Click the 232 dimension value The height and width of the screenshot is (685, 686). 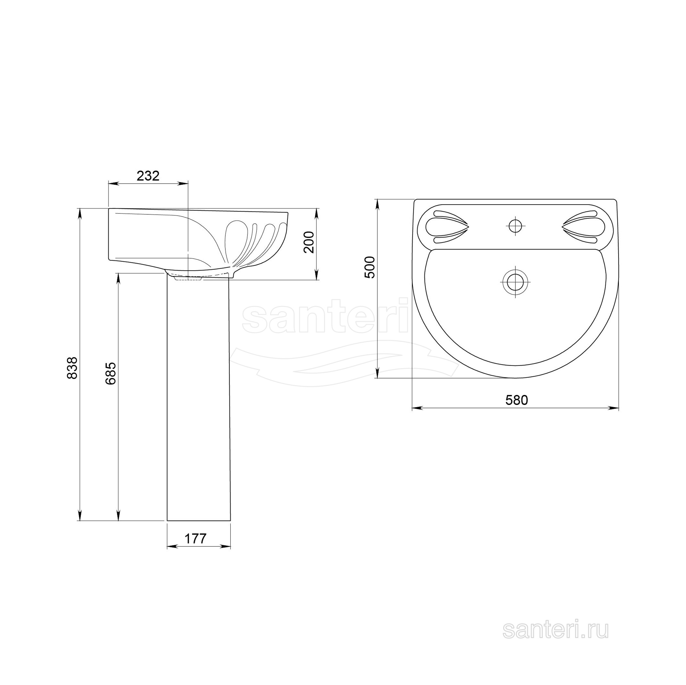(x=148, y=176)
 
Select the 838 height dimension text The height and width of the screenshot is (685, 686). (x=72, y=368)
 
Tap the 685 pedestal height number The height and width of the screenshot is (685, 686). (x=110, y=373)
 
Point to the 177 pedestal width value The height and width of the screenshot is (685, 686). (x=195, y=539)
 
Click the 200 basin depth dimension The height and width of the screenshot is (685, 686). (x=309, y=242)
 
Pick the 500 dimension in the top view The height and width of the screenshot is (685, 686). (x=370, y=267)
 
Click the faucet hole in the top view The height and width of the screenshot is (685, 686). (x=515, y=226)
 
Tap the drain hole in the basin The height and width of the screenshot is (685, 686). (x=515, y=282)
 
